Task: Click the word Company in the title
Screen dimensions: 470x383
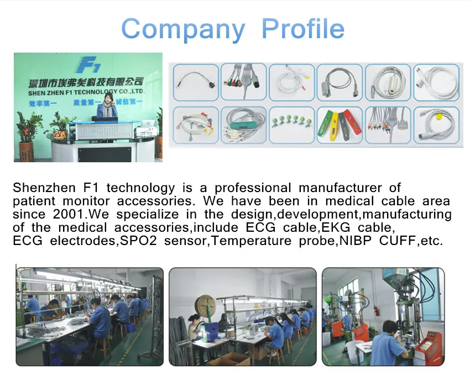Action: tap(183, 29)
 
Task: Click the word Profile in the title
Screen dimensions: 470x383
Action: tap(303, 29)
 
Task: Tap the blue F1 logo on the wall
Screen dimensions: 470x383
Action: tap(87, 65)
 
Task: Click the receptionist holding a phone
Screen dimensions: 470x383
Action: tap(107, 105)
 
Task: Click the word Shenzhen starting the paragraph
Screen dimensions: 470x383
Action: tap(44, 188)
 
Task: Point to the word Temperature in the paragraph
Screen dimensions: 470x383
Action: tap(251, 241)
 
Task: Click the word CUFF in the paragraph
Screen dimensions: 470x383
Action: tap(398, 241)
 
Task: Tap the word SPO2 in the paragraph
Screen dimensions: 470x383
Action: tap(138, 241)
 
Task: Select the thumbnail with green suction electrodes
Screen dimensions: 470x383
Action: tap(291, 125)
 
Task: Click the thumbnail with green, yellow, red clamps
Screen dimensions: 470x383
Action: tap(340, 125)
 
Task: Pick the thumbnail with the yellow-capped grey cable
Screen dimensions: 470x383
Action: tap(436, 125)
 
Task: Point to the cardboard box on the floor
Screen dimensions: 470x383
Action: tap(231, 359)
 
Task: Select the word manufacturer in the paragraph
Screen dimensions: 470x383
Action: tap(340, 188)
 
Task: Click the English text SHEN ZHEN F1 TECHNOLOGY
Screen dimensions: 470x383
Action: tap(72, 93)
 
